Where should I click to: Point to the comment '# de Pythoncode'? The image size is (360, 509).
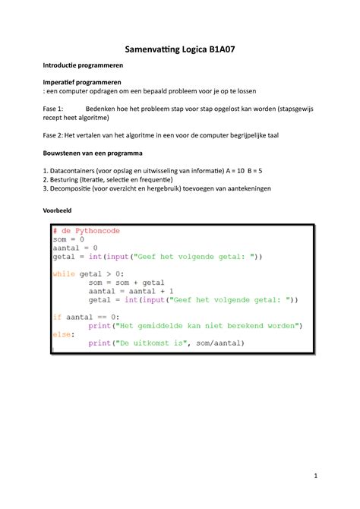coord(86,231)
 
